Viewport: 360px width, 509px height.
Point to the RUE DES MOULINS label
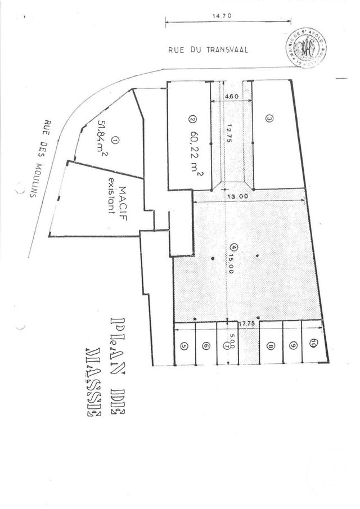[x=40, y=156]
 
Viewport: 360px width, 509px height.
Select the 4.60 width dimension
[x=231, y=97]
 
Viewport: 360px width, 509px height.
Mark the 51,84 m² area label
[x=102, y=140]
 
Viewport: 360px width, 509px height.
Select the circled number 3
[x=269, y=119]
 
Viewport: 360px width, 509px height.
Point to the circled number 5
[x=184, y=346]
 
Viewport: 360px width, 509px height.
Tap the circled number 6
[x=206, y=346]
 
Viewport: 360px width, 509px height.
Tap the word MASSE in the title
[x=93, y=383]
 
